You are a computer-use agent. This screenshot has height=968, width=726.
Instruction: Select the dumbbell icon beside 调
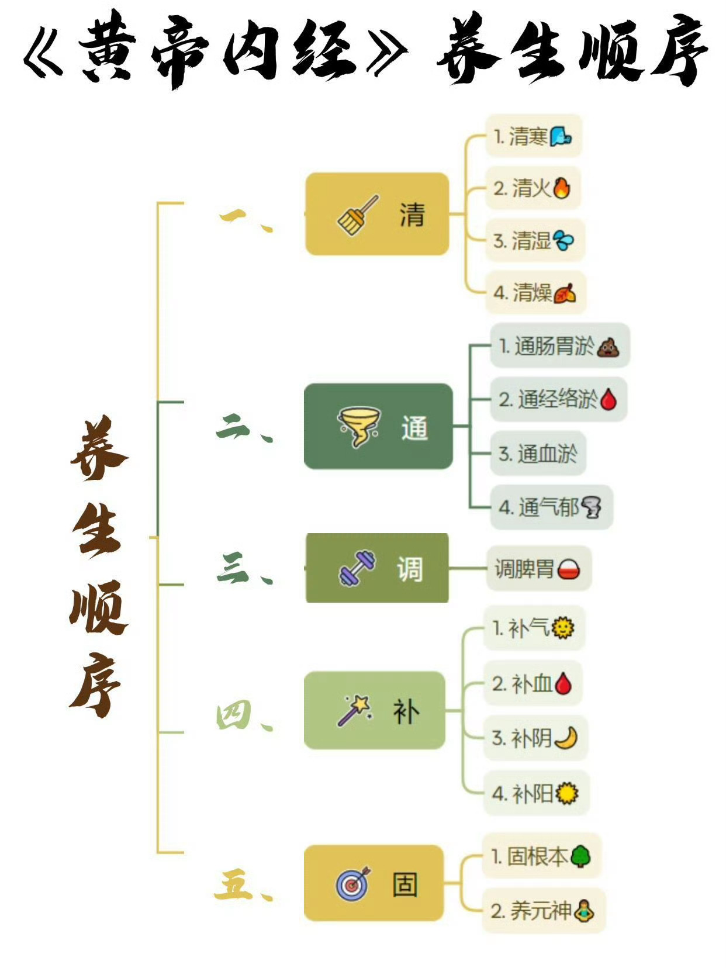[x=357, y=568]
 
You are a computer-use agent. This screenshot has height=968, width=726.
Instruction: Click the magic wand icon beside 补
[x=354, y=710]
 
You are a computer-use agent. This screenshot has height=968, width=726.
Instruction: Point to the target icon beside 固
[x=353, y=883]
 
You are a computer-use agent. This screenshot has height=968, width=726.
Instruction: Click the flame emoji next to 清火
[x=561, y=188]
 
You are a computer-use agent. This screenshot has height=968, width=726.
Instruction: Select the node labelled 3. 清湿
[x=534, y=240]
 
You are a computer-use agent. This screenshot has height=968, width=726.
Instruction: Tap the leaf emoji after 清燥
[x=564, y=292]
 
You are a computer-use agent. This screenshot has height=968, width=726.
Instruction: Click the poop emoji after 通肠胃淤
[x=608, y=347]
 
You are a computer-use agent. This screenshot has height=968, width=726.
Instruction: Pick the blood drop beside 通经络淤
[x=608, y=400]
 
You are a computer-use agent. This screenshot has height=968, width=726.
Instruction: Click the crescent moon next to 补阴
[x=565, y=738]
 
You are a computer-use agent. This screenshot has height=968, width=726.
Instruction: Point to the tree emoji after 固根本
[x=580, y=856]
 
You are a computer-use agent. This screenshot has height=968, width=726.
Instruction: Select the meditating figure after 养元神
[x=583, y=910]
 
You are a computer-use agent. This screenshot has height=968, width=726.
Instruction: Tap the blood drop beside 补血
[x=563, y=683]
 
